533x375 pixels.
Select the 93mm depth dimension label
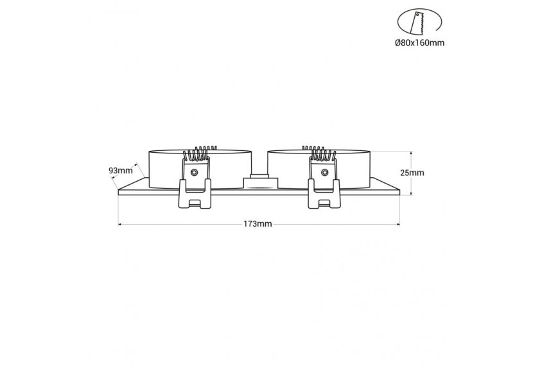(x=120, y=170)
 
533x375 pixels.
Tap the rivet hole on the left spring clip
(x=195, y=171)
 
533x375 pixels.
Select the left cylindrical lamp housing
(x=164, y=168)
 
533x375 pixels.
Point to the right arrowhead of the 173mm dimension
(x=398, y=224)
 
